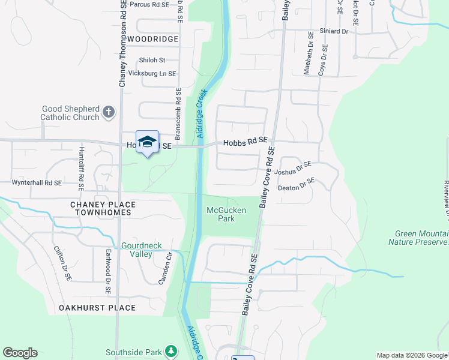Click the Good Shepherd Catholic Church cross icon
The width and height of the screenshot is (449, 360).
click(x=109, y=112)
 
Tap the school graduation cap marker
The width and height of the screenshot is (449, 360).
click(x=147, y=142)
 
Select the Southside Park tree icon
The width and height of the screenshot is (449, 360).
click(x=172, y=351)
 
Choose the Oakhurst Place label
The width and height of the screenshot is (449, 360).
click(x=97, y=308)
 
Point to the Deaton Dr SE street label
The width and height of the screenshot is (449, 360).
click(x=296, y=184)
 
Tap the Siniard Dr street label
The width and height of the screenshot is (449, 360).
click(x=334, y=31)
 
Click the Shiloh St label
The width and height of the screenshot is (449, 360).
click(x=151, y=60)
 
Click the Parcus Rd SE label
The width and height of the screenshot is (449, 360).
click(x=149, y=4)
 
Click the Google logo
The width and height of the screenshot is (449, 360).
click(x=20, y=353)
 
